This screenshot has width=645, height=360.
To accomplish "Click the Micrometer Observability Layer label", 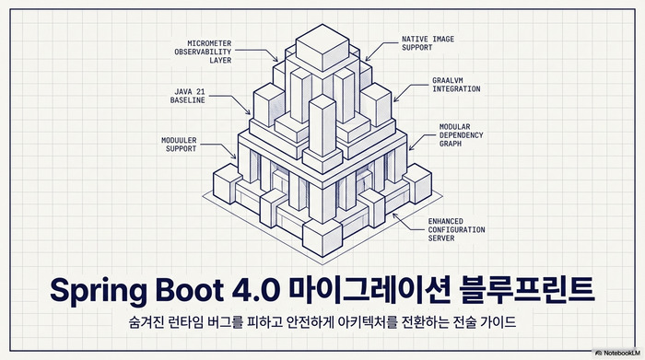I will [x=195, y=51].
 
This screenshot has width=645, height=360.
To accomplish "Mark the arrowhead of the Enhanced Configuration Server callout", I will [x=393, y=215].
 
